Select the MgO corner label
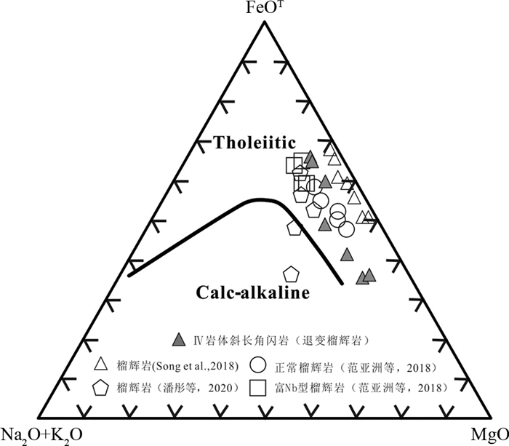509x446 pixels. coord(492,434)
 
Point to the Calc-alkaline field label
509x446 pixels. coord(253,292)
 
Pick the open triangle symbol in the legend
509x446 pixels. coord(103,363)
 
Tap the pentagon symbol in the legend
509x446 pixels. coord(103,388)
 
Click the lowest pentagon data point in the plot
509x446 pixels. coord(292,274)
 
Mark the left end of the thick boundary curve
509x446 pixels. coord(129,275)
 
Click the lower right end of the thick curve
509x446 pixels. coord(342,283)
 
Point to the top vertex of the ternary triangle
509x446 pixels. coord(263,20)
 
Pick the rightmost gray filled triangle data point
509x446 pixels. coord(369,275)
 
